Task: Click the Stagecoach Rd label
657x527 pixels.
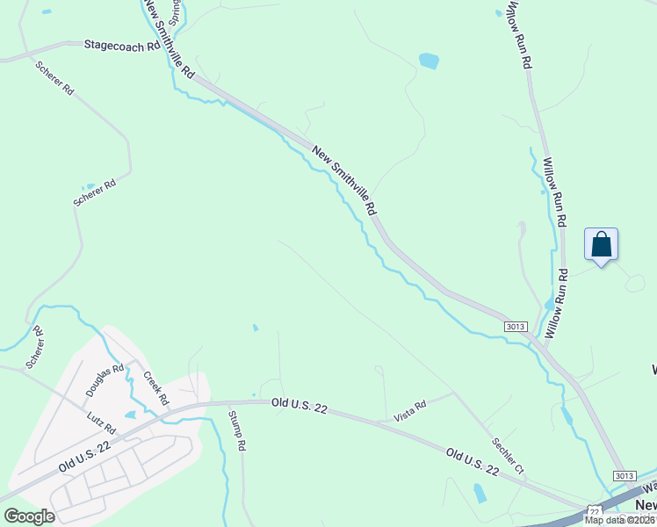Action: click(x=122, y=45)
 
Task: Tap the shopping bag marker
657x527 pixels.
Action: click(x=601, y=244)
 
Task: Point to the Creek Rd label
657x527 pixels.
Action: click(x=156, y=387)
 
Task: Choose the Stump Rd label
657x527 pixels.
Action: click(x=238, y=430)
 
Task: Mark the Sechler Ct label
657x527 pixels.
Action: click(x=508, y=456)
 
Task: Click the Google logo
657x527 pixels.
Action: click(x=29, y=516)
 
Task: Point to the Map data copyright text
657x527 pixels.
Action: click(x=619, y=519)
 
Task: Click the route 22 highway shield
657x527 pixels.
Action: click(x=594, y=511)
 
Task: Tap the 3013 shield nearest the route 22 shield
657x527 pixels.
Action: click(x=624, y=476)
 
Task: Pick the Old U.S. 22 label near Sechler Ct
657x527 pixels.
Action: click(x=472, y=462)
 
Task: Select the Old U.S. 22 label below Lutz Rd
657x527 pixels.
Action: click(x=85, y=458)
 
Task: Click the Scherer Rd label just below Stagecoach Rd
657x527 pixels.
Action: click(x=54, y=78)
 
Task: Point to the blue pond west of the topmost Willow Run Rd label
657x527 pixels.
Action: click(x=429, y=61)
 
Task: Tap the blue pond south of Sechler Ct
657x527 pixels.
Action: click(x=480, y=493)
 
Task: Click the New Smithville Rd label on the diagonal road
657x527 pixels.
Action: click(x=344, y=181)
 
